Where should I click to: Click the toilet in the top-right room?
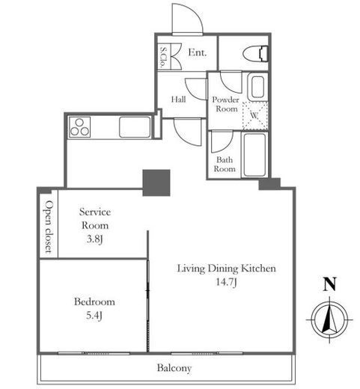pos(255,54)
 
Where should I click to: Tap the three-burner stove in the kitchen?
pos(79,127)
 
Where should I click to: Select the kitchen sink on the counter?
pos(135,127)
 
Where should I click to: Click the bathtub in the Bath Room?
pos(254,155)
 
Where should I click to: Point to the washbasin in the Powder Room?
pos(257,87)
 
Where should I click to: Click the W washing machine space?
pos(255,116)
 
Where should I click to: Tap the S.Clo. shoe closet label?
pos(163,58)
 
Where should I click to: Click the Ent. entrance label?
pos(198,52)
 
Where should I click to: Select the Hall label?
pos(178,99)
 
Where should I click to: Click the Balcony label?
pos(174,368)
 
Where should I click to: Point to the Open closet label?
pos(49,227)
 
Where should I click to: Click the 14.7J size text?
pos(226,282)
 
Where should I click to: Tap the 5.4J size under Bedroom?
pos(94,316)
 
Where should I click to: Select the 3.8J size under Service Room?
pos(94,239)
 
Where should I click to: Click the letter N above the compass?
pos(329,284)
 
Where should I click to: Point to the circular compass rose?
pos(329,319)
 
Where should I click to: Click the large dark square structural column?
pos(156,183)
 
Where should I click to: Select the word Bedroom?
pos(94,301)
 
